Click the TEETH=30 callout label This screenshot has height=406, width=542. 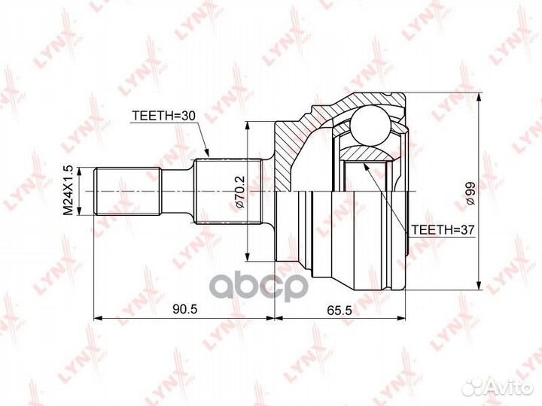coord(164,116)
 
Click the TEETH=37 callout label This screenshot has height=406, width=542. coord(443,230)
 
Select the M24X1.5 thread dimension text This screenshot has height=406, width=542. coord(69,190)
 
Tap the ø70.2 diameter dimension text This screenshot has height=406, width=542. coord(239,192)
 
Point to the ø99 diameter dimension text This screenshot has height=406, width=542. coord(470,192)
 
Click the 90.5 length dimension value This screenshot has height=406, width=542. coord(184,309)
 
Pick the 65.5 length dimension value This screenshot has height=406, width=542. coord(339,311)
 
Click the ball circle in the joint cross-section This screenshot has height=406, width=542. coord(370,126)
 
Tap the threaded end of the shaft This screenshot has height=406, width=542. coord(128,192)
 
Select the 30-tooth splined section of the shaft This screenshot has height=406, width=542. coord(228,191)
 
